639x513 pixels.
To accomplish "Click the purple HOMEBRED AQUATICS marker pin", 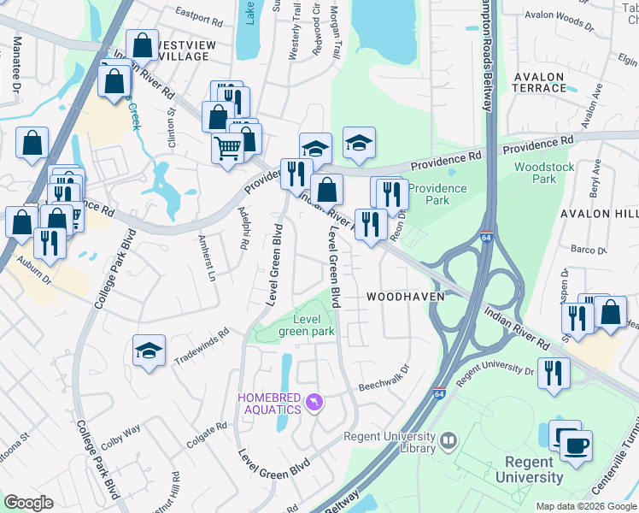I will click(x=314, y=401).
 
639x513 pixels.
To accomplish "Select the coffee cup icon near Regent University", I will click(x=576, y=446).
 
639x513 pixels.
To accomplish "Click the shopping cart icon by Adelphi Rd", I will click(x=227, y=147).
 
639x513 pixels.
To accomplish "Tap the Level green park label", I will click(x=307, y=325).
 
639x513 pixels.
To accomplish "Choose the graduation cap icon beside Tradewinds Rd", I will click(x=149, y=351).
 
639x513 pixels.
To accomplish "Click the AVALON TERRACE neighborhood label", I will click(x=539, y=82).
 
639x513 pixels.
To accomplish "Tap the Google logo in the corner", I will click(x=28, y=503).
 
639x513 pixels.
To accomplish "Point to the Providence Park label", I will click(x=437, y=194).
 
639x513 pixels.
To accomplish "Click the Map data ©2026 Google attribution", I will click(x=586, y=506).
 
